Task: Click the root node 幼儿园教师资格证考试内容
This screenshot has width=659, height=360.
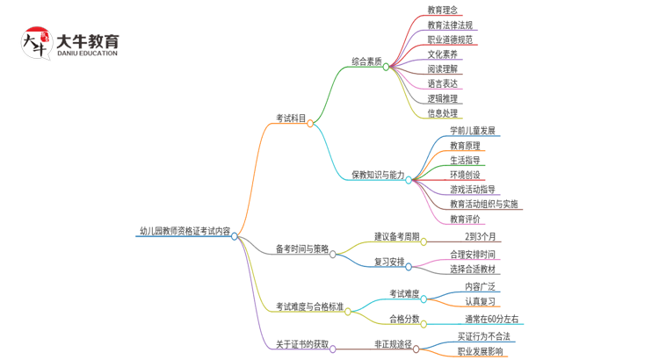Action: tap(185, 233)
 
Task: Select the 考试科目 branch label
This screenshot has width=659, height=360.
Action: tap(291, 118)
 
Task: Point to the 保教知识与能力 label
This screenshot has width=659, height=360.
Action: tap(378, 175)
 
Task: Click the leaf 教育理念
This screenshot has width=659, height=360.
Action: tap(442, 10)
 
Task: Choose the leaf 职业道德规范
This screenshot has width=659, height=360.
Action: tap(450, 40)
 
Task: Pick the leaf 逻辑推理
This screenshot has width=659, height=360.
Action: tap(442, 98)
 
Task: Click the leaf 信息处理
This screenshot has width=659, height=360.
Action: tap(442, 113)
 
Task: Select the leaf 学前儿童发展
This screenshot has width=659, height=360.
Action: tap(473, 131)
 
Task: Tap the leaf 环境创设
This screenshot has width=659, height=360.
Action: tap(465, 175)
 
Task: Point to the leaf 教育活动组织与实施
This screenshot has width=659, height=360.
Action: tap(483, 205)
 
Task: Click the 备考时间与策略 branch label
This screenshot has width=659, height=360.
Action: tap(301, 248)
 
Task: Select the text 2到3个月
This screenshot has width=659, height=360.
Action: tap(482, 236)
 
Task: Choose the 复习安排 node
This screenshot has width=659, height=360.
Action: tap(389, 262)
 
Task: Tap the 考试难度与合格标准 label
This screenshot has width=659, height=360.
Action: tap(309, 306)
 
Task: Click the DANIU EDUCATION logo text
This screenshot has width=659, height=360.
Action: tap(86, 54)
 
